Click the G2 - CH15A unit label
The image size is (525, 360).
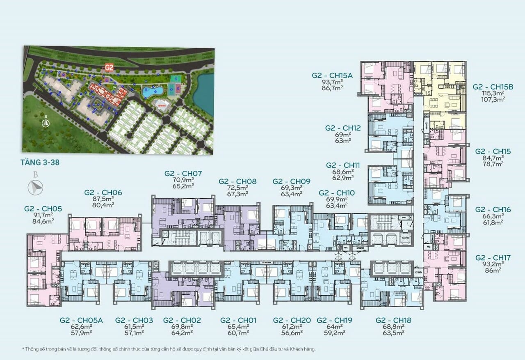click(x=332, y=76)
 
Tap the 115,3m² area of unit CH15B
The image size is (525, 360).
click(x=493, y=94)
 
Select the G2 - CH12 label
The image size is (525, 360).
click(x=342, y=128)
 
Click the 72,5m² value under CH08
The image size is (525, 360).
click(x=237, y=188)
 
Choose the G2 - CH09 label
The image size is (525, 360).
click(x=291, y=181)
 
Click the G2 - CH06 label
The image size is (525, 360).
click(x=103, y=193)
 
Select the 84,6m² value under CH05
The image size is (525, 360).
click(x=43, y=222)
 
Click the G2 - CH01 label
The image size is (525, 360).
click(x=238, y=320)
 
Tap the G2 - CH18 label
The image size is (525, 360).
click(x=393, y=320)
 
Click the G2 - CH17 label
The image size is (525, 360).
click(x=493, y=258)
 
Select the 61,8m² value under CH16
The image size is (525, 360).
click(x=493, y=222)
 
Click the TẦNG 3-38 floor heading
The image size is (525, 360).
click(x=40, y=163)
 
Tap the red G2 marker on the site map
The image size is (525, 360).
click(x=109, y=68)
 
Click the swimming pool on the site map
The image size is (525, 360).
click(x=152, y=92)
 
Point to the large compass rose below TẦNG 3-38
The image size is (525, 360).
click(x=36, y=187)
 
